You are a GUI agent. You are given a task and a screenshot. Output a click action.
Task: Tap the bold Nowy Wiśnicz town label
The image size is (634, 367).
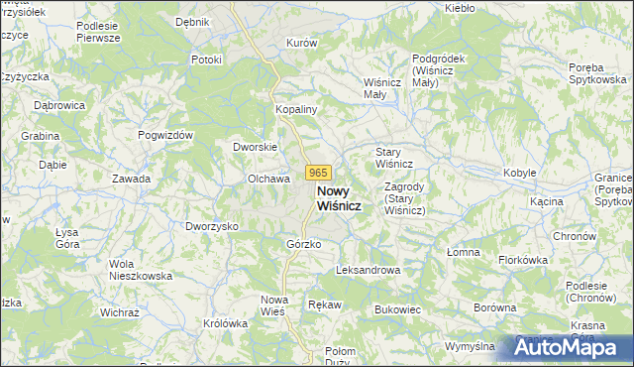(x=338, y=197)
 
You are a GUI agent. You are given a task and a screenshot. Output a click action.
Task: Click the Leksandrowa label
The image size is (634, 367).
(x=368, y=270)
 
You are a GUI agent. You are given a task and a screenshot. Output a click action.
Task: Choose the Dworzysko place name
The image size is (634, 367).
(x=212, y=226)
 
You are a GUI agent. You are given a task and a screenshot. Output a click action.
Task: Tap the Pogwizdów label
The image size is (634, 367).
(x=164, y=135)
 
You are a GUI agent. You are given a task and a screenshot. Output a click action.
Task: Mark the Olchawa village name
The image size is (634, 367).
(x=267, y=179)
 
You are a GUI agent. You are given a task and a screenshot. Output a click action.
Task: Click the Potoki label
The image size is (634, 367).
(x=206, y=60)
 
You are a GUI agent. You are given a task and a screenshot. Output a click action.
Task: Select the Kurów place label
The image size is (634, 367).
(x=301, y=44)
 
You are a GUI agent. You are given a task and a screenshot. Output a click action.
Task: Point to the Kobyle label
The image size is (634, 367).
(x=519, y=173)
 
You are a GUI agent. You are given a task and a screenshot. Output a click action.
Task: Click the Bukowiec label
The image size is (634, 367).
(x=398, y=309)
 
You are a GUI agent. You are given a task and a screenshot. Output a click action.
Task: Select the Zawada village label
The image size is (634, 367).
(x=131, y=179)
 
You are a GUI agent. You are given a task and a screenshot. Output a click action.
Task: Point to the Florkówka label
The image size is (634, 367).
(x=523, y=260)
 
